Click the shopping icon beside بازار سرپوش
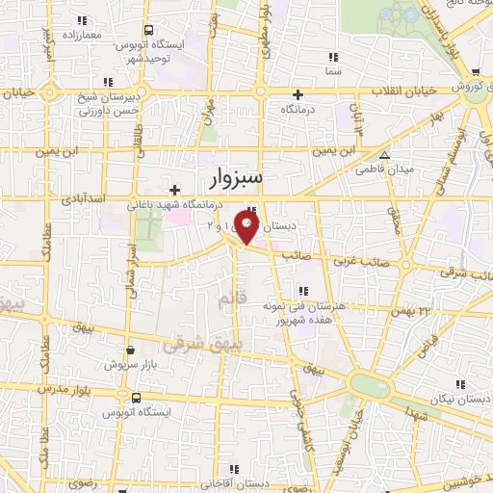click(x=130, y=350)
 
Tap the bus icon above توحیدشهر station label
click(x=148, y=30)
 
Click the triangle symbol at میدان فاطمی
click(x=384, y=155)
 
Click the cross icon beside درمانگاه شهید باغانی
click(x=174, y=189)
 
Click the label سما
click(x=334, y=71)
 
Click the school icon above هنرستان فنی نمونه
click(x=302, y=290)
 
